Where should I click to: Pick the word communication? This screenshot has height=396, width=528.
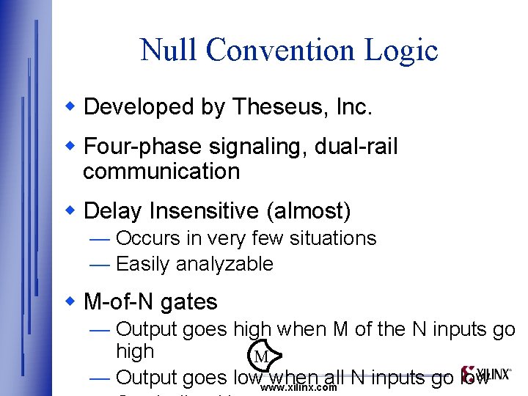point(161,172)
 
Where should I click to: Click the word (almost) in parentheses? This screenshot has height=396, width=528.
point(309,211)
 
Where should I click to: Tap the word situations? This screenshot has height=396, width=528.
point(334,238)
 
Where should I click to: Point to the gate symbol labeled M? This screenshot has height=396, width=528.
point(263,357)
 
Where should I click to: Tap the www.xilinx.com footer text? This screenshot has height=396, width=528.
point(298,387)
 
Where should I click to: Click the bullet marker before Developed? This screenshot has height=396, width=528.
point(71,107)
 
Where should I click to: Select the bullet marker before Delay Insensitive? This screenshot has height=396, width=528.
point(71,211)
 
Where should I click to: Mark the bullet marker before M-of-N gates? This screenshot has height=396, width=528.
point(71,302)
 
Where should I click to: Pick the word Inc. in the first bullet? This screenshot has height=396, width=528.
point(353,107)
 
